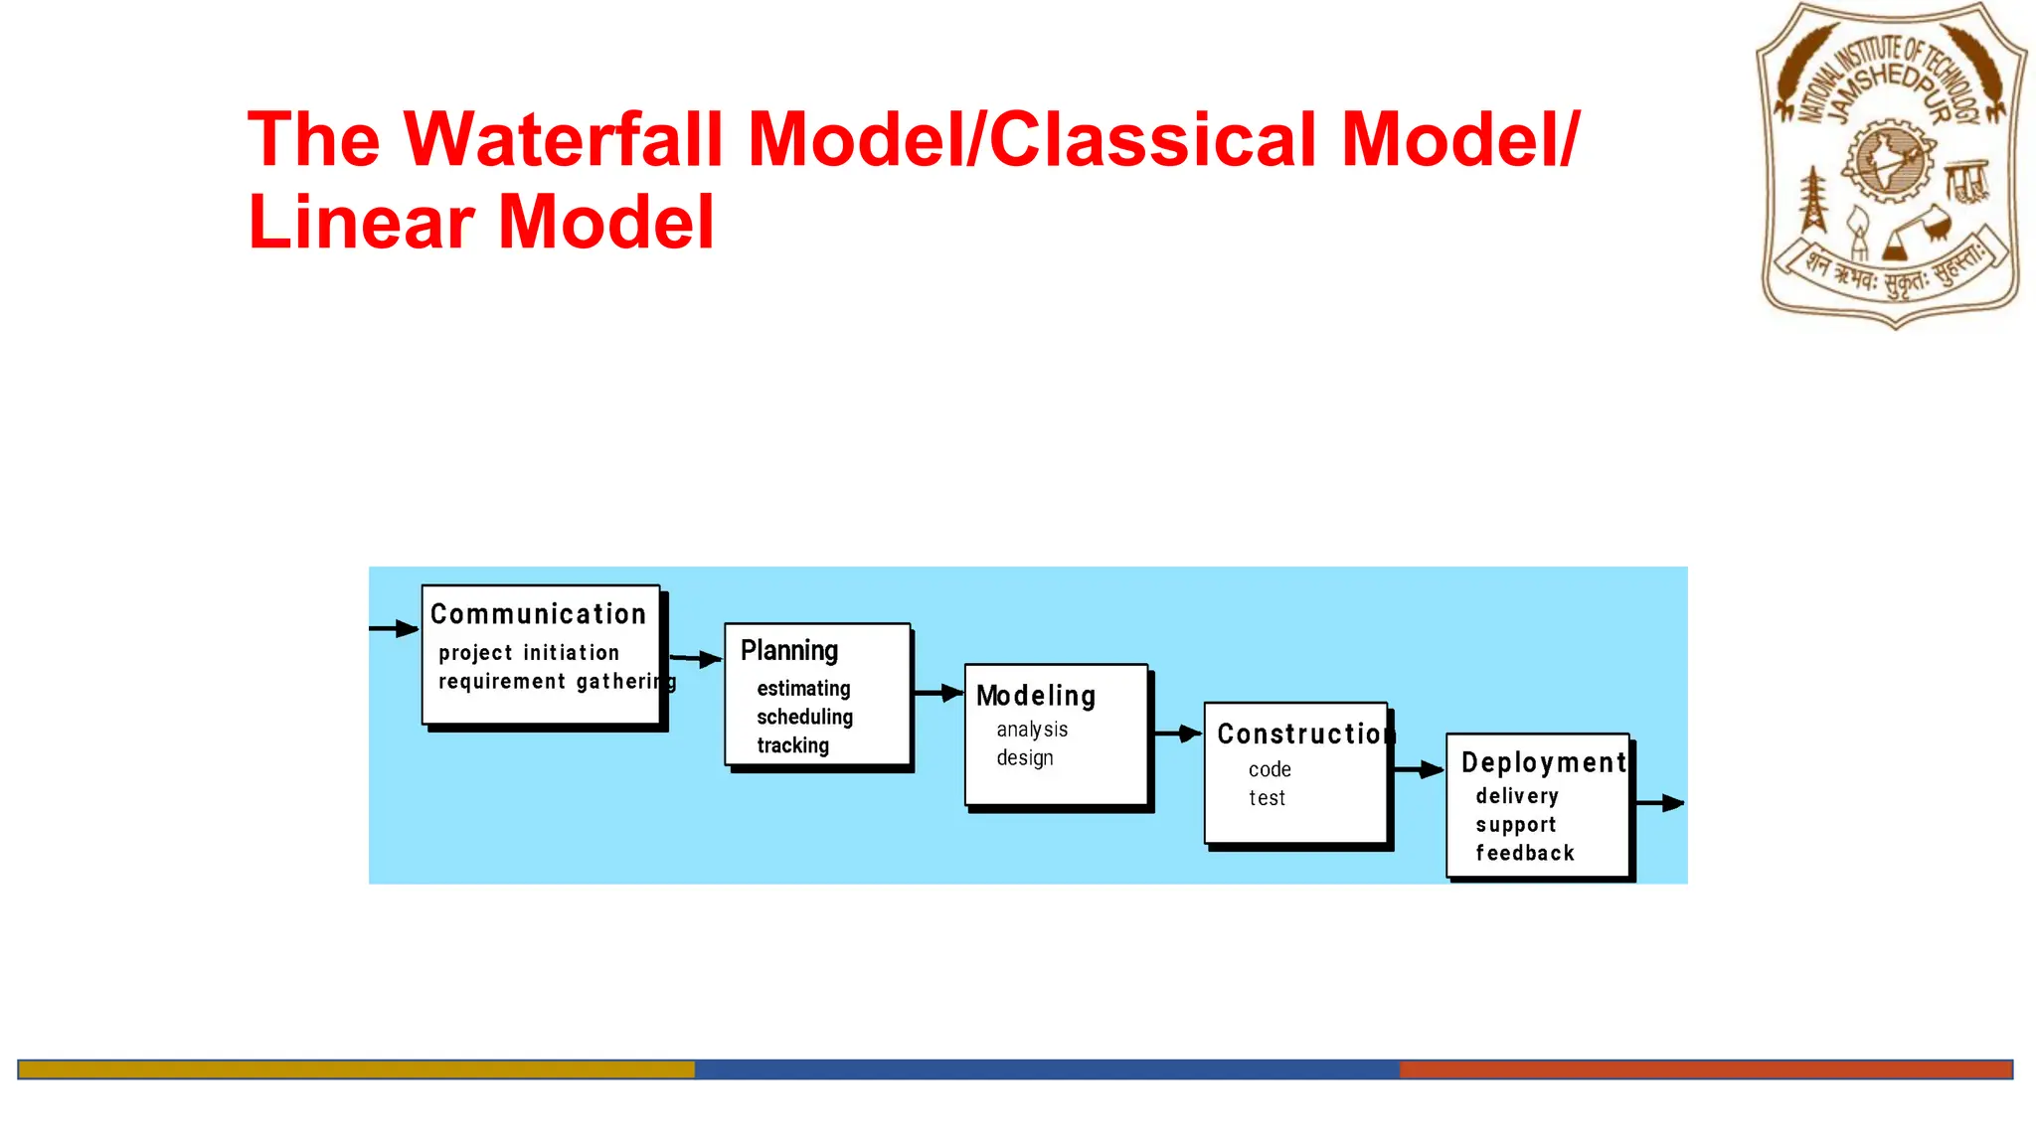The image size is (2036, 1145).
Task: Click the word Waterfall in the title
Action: point(564,139)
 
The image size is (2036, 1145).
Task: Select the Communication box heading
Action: point(538,614)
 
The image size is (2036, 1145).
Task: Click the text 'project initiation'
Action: point(528,653)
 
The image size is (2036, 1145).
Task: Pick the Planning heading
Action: point(789,651)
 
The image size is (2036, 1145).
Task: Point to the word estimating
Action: point(803,689)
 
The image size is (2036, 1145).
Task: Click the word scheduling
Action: point(804,718)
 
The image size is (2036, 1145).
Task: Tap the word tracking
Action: point(792,745)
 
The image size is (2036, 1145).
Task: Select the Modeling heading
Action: point(1035,696)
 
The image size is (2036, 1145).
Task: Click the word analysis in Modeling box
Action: point(1032,730)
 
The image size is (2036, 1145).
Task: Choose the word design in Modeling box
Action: point(1024,758)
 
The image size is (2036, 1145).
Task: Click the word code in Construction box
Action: point(1270,770)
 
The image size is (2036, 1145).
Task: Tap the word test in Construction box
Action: point(1267,798)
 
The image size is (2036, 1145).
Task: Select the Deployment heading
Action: point(1543,762)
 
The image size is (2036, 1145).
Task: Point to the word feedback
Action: point(1524,853)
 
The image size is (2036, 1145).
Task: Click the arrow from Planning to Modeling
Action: point(937,693)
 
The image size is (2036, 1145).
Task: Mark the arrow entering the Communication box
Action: point(394,628)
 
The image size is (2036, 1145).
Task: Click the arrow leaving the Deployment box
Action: point(1659,803)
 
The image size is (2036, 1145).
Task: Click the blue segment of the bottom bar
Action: point(1046,1069)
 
